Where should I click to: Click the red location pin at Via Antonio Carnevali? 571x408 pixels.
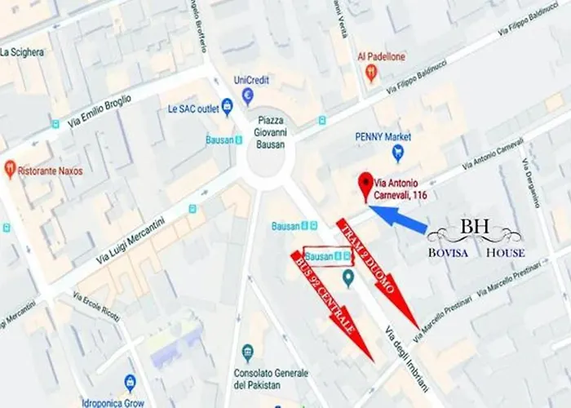pos(364,186)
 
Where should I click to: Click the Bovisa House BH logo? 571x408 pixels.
pos(476,237)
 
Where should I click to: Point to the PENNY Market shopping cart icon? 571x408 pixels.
pos(398,152)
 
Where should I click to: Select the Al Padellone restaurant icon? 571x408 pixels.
pos(371,73)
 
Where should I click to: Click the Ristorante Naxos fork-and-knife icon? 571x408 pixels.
pos(10,169)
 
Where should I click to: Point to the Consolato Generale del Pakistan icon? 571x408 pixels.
pos(248,353)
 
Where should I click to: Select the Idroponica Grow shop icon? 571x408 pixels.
pos(130,382)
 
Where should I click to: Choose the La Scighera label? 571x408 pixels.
pos(22,53)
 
